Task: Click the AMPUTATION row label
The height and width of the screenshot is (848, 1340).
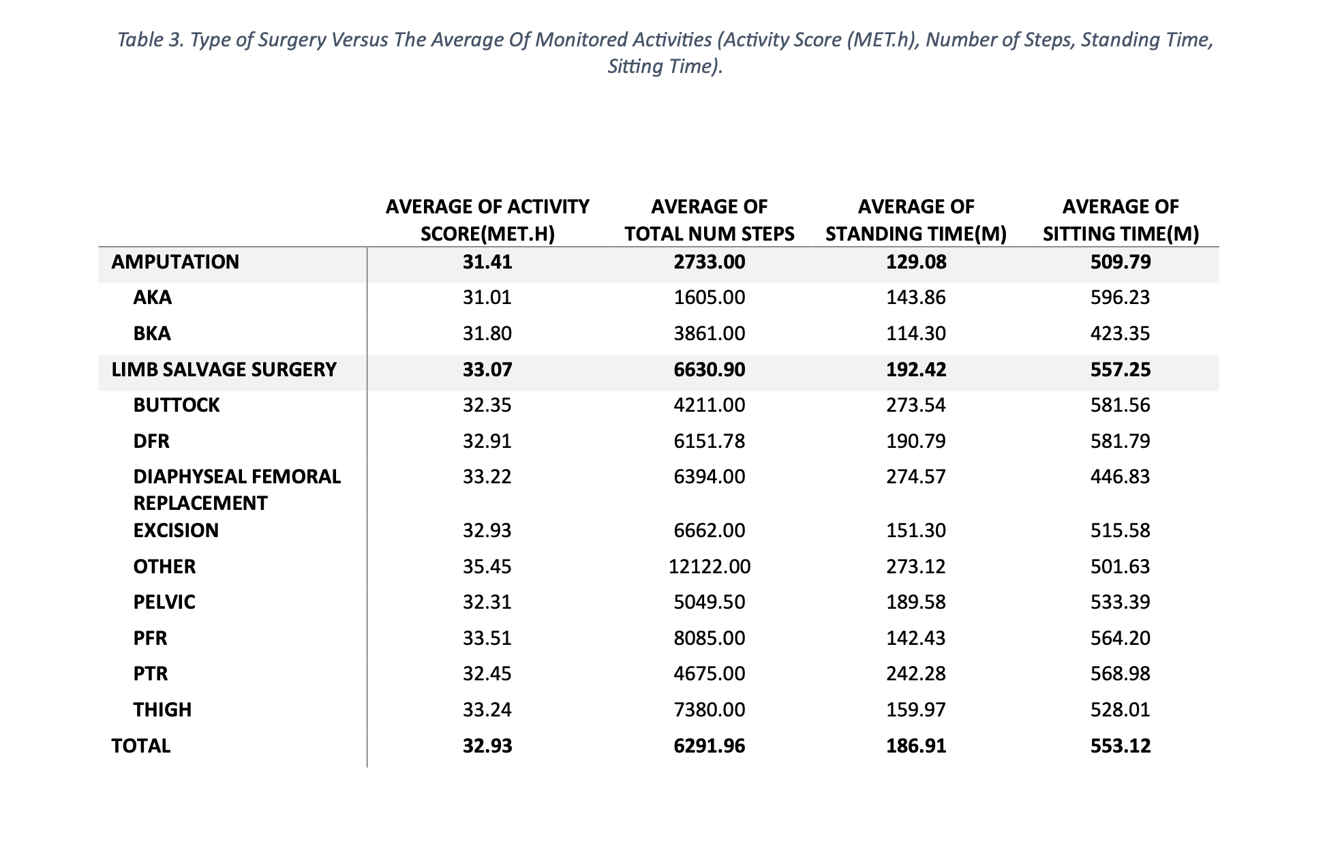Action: (175, 262)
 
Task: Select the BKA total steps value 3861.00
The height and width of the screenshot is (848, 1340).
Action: (710, 333)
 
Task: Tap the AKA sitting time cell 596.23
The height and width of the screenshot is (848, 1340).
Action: (1120, 297)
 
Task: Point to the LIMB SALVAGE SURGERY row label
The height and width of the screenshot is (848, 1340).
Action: (224, 369)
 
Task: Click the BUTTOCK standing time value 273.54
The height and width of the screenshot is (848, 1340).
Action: (916, 405)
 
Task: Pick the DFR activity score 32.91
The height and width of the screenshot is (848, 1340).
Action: (487, 441)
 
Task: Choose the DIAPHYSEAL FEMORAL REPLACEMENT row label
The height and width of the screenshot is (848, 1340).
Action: (237, 489)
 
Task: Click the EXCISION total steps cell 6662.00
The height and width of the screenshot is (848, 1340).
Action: (710, 530)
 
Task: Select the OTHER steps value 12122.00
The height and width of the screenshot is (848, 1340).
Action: (710, 566)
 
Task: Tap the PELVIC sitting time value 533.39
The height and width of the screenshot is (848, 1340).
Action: (1120, 602)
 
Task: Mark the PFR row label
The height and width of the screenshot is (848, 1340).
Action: (151, 638)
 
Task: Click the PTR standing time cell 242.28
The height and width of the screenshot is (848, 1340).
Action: (916, 673)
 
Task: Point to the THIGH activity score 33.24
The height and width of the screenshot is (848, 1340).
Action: (487, 710)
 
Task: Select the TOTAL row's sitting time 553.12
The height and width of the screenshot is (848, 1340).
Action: (1121, 746)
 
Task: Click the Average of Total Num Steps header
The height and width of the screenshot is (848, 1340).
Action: (710, 220)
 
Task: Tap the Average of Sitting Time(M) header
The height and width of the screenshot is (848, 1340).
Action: (1121, 220)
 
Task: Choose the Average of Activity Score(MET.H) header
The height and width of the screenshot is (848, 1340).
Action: (487, 220)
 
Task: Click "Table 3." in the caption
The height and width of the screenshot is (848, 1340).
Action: (151, 40)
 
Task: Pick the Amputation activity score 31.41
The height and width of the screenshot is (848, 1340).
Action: (487, 262)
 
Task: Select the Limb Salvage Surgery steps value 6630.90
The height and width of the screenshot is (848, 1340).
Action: (710, 369)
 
